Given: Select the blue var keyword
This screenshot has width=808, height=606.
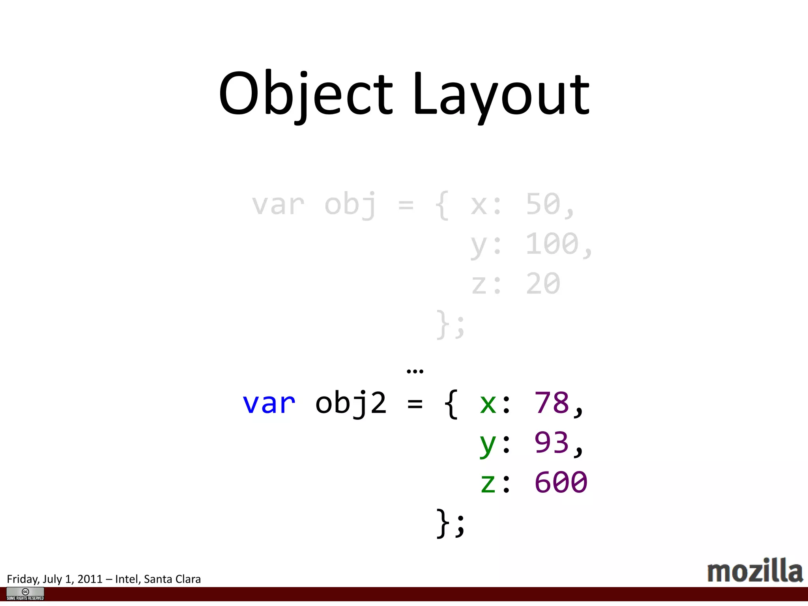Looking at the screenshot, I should point(269,403).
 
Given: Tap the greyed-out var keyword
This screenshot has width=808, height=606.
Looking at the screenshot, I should point(278,205).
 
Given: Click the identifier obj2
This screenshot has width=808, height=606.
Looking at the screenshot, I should point(351,403).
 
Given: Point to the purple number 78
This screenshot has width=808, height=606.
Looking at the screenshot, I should point(552,403).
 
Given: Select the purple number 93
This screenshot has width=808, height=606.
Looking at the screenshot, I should point(552,442).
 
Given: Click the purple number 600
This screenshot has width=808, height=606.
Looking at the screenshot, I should point(561,482).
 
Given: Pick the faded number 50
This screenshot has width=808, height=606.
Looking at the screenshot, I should point(543,204).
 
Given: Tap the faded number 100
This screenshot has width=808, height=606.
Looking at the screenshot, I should point(552,244).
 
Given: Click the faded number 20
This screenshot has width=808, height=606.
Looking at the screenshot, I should point(543,284).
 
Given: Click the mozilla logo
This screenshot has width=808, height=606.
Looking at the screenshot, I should point(755,571).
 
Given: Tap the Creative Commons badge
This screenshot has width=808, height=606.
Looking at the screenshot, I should point(25,594).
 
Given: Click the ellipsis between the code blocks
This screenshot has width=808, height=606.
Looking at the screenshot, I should point(415,371).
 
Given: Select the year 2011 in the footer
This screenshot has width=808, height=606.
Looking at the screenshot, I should point(90,579).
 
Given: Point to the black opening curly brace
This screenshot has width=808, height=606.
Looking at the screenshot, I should point(451,404).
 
